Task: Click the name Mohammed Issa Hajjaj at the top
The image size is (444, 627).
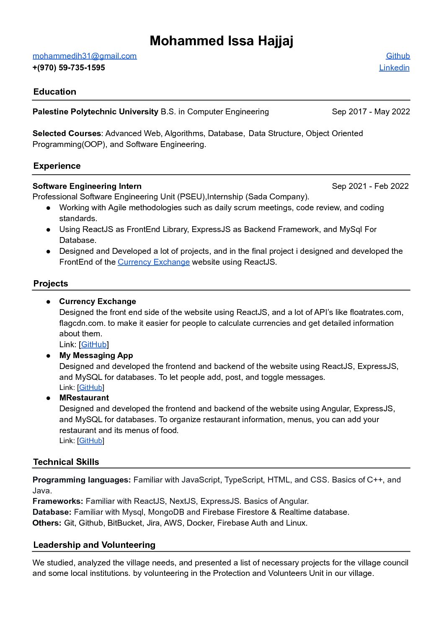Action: click(221, 41)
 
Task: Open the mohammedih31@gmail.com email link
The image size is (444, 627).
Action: click(85, 56)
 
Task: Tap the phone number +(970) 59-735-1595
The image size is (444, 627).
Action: click(69, 68)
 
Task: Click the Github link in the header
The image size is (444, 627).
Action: click(398, 56)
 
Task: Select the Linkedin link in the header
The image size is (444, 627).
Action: click(394, 68)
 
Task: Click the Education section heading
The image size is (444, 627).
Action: click(55, 92)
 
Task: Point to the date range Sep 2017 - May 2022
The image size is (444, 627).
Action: click(371, 112)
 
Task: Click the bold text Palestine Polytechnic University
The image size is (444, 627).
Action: click(96, 112)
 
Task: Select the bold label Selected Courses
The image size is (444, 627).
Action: click(67, 134)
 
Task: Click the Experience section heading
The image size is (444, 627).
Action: click(57, 166)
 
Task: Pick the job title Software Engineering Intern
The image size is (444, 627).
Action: click(87, 186)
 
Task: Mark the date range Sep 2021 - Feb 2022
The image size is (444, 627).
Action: click(370, 186)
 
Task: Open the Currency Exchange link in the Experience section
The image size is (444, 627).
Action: click(154, 262)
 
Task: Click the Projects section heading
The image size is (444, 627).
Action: click(51, 284)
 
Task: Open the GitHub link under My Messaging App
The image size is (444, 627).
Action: click(91, 388)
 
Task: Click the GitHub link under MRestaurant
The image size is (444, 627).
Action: click(91, 441)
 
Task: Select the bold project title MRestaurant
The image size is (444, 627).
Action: click(84, 398)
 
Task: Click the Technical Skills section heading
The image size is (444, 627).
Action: click(66, 462)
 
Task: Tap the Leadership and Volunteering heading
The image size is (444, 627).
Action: click(94, 545)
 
